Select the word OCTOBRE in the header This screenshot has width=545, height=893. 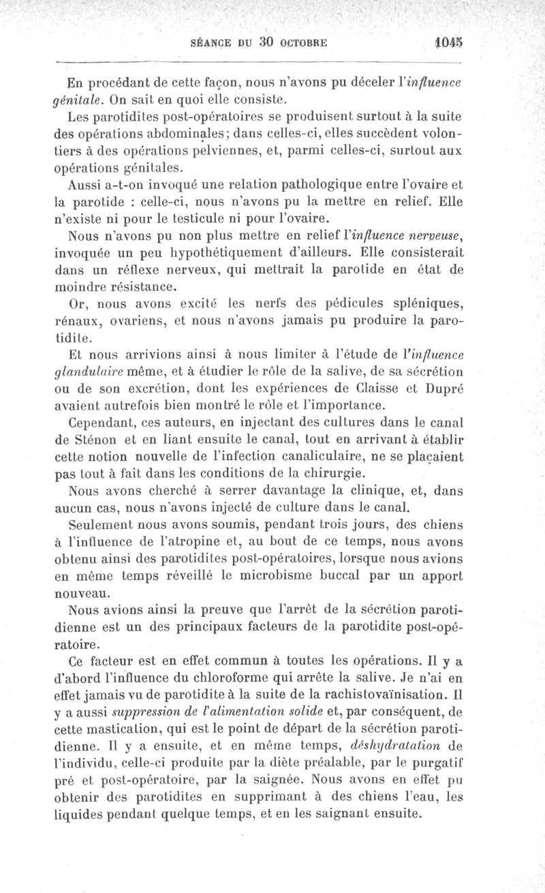304,42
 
